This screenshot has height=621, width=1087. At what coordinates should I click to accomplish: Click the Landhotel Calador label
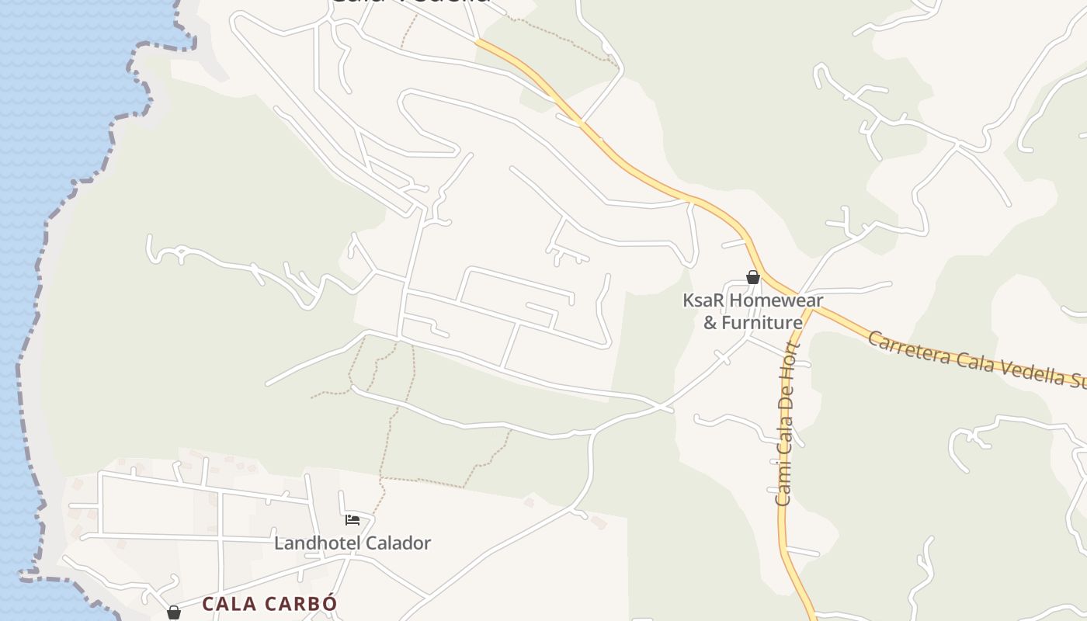352,543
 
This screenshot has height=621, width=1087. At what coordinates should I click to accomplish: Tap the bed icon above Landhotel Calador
352,519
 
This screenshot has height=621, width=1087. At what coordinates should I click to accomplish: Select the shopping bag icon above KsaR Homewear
752,277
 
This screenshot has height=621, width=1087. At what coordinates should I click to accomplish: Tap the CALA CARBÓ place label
269,604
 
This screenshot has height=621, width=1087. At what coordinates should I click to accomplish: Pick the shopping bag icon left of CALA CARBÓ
174,613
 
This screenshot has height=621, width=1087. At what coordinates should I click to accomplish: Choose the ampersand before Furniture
710,322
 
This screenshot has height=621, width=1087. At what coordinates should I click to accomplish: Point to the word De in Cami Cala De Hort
788,391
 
